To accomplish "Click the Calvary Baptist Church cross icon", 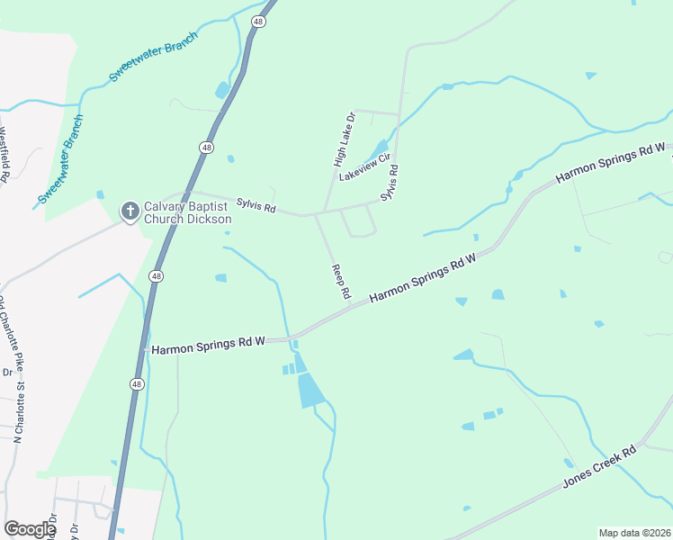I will click(x=130, y=211).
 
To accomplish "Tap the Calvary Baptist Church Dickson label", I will click(x=188, y=212).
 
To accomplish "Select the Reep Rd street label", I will click(x=340, y=281).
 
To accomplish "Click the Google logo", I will click(x=30, y=529).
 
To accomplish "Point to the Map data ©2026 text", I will click(x=634, y=533).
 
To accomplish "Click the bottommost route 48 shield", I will click(x=137, y=384).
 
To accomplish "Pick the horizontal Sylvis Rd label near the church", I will click(x=256, y=207).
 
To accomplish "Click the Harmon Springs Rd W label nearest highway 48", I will click(x=208, y=344).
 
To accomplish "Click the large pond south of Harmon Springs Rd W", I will click(x=310, y=391).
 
